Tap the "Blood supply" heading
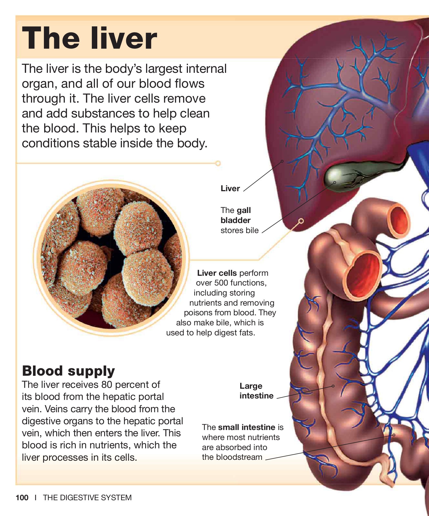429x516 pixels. click(x=68, y=371)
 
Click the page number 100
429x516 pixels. click(x=22, y=497)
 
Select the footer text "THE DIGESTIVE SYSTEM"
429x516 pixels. click(x=87, y=497)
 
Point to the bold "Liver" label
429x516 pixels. click(x=230, y=188)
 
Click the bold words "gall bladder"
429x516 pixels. click(x=236, y=215)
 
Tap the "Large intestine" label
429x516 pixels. click(x=256, y=391)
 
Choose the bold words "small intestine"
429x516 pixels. click(x=247, y=427)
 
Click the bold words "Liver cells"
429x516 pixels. click(x=217, y=273)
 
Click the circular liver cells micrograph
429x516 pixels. click(x=111, y=258)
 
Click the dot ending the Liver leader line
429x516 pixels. click(x=282, y=161)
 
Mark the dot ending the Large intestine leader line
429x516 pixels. click(x=333, y=386)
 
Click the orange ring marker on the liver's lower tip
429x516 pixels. click(x=301, y=221)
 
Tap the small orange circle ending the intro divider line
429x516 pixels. click(x=218, y=163)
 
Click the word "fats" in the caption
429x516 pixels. click(x=247, y=333)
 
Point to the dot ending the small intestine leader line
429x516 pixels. click(x=394, y=435)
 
